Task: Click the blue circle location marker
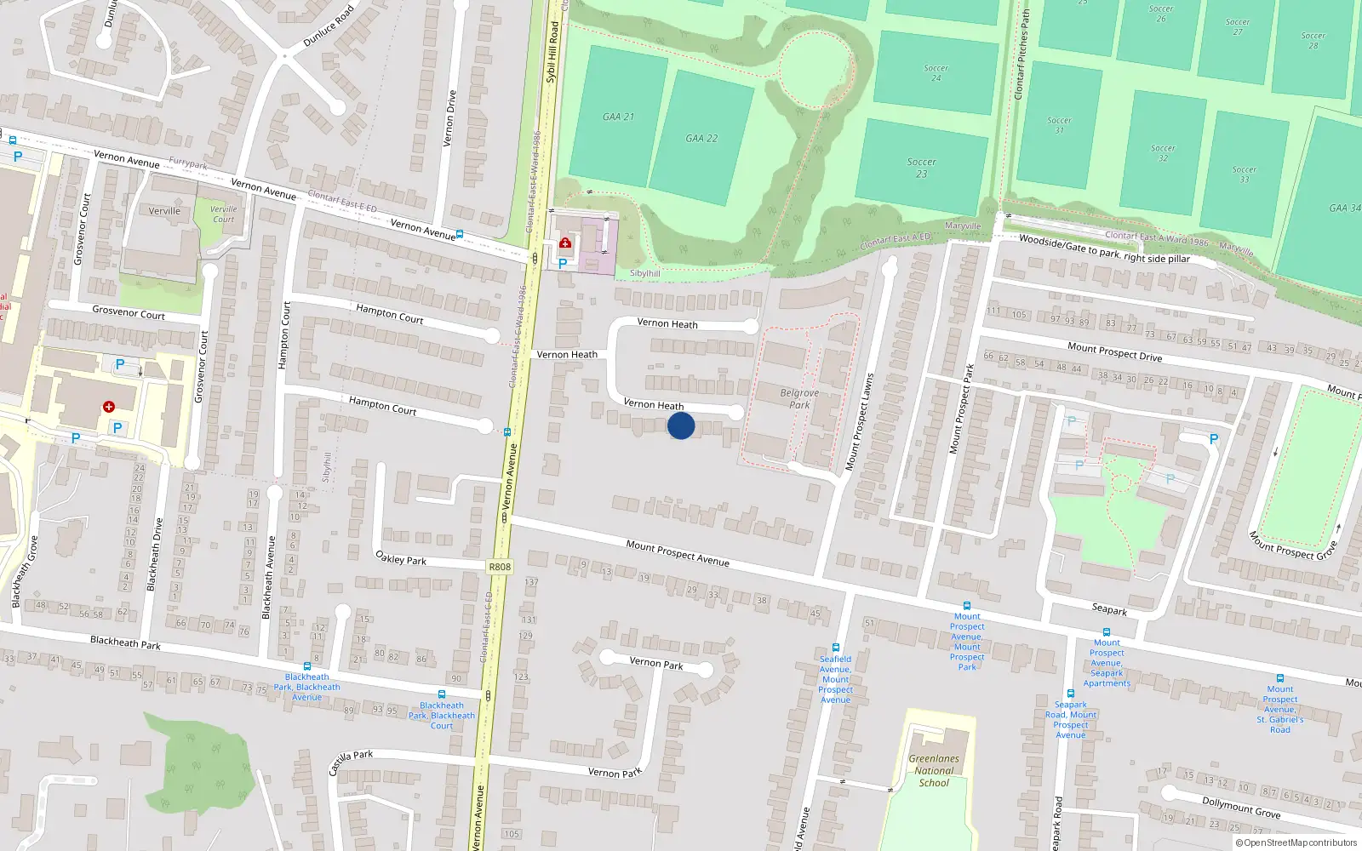click(681, 425)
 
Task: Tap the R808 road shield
click(500, 567)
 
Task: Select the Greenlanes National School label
click(934, 770)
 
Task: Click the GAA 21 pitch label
click(618, 117)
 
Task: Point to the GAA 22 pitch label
click(701, 138)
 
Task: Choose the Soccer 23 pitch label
click(921, 168)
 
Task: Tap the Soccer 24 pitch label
click(936, 73)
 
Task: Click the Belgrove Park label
click(799, 398)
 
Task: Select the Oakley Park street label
click(401, 558)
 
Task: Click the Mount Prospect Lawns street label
click(859, 422)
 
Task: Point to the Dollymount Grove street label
click(1240, 807)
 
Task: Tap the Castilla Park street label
click(351, 762)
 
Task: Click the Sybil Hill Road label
click(552, 53)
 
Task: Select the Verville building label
click(164, 211)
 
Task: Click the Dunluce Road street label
click(328, 26)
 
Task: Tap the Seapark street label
click(1109, 609)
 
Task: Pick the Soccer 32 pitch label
click(1163, 153)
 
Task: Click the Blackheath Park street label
click(125, 642)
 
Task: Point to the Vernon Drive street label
click(450, 118)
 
